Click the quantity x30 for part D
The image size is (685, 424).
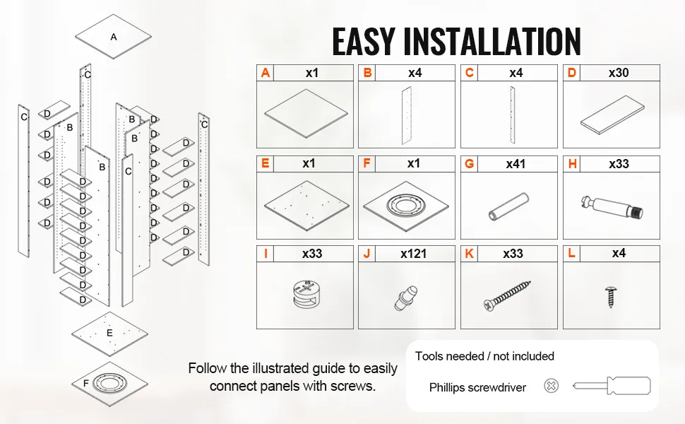click(619, 73)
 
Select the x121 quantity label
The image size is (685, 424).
click(413, 254)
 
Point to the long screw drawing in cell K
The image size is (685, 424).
click(506, 295)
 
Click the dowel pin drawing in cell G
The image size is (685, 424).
click(506, 206)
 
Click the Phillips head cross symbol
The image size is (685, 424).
click(552, 386)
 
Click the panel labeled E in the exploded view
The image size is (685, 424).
click(109, 333)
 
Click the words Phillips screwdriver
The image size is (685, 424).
click(477, 387)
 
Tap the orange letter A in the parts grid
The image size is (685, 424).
click(266, 73)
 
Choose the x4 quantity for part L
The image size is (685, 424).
click(619, 254)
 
